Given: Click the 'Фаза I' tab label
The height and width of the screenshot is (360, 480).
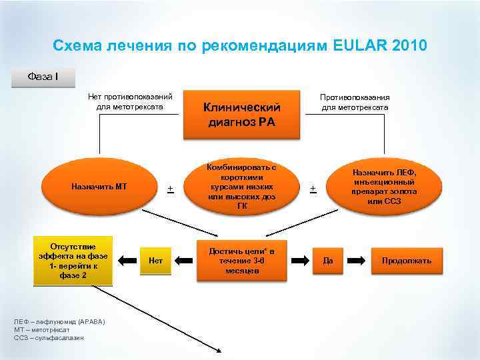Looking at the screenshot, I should tap(43, 76).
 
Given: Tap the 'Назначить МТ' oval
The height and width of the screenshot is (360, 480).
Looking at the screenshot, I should tap(99, 187).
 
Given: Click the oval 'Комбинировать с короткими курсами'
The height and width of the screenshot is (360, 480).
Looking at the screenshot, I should tap(241, 186).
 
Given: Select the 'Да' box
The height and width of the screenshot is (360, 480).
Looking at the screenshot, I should tap(328, 260).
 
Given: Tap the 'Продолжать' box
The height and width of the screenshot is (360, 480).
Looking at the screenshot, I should tap(406, 260).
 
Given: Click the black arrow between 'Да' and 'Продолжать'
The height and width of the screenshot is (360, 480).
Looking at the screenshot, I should tap(356, 260).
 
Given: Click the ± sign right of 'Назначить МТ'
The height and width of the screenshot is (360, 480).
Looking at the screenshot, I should tap(170, 189).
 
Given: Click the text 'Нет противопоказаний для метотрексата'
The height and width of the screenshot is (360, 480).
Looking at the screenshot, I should tap(131, 101).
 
